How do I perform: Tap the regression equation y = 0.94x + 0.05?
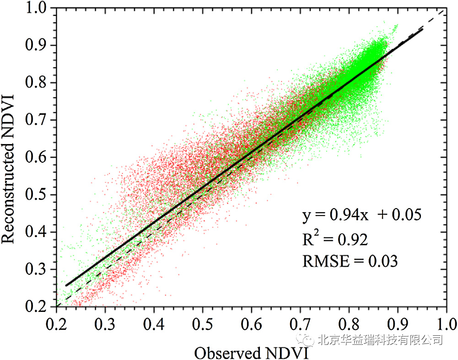click(361, 215)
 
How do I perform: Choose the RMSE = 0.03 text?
click(350, 261)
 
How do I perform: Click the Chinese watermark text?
click(380, 339)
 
